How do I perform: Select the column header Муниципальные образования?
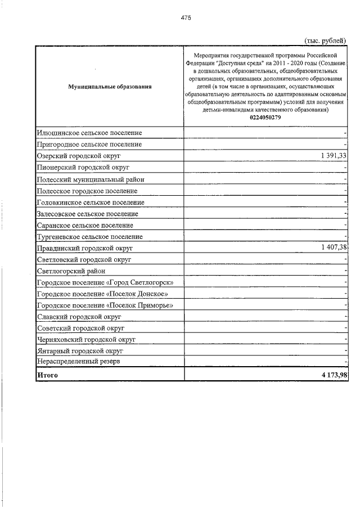point(110,87)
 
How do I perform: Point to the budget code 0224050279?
point(264,118)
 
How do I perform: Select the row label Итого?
point(47,375)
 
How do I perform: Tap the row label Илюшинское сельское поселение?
point(89,133)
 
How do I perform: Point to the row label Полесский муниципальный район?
point(90,179)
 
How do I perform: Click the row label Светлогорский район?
point(69,271)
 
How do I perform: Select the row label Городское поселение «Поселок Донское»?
point(102,294)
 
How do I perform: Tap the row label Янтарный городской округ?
point(80,350)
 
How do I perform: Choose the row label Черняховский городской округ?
point(86,340)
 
